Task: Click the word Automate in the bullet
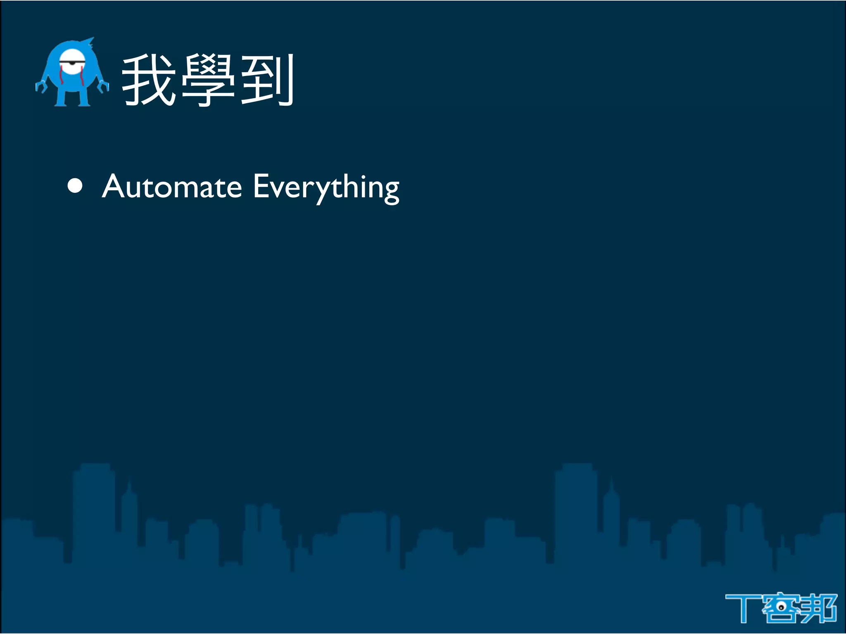point(171,187)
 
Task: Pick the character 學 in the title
point(209,80)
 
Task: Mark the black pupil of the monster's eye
point(72,63)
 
